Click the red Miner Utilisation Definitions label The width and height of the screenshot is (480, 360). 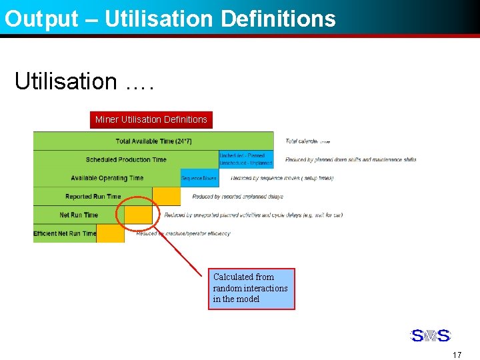pyautogui.click(x=151, y=119)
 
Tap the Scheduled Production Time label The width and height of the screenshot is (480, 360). pyautogui.click(x=126, y=159)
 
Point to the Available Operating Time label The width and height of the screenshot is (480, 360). pyautogui.click(x=107, y=178)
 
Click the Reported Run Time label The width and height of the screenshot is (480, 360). pyautogui.click(x=93, y=197)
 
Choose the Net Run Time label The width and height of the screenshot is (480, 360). pyautogui.click(x=79, y=215)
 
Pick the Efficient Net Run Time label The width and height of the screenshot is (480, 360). pyautogui.click(x=65, y=233)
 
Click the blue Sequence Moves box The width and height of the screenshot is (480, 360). pyautogui.click(x=199, y=178)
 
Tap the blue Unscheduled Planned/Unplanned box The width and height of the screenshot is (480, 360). pyautogui.click(x=246, y=159)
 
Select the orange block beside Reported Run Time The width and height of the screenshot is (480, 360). pyautogui.click(x=167, y=196)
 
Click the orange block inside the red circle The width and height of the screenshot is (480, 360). pyautogui.click(x=139, y=215)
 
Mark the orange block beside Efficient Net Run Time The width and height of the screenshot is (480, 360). pyautogui.click(x=111, y=233)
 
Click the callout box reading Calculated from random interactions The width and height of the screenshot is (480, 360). pyautogui.click(x=251, y=288)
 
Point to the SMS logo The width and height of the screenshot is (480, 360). pyautogui.click(x=430, y=335)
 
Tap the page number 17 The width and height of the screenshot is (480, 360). pyautogui.click(x=457, y=355)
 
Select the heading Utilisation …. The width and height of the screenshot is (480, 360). pyautogui.click(x=84, y=81)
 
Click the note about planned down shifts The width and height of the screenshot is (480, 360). pyautogui.click(x=351, y=159)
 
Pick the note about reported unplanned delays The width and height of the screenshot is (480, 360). pyautogui.click(x=237, y=197)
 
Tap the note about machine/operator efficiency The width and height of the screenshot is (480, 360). pyautogui.click(x=183, y=233)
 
